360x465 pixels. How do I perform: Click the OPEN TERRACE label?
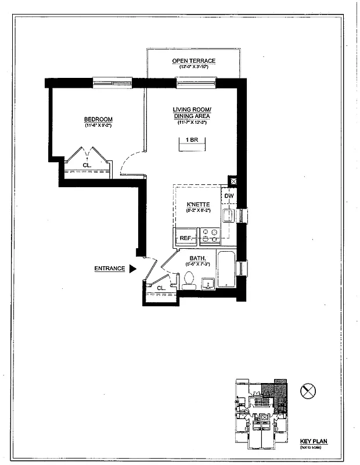pyautogui.click(x=193, y=61)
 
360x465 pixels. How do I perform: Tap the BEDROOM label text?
pyautogui.click(x=98, y=119)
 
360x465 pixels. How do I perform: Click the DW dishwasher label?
pyautogui.click(x=229, y=196)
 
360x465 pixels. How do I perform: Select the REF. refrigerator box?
pyautogui.click(x=186, y=238)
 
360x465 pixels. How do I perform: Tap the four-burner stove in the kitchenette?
pyautogui.click(x=209, y=235)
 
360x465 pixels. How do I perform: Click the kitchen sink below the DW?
pyautogui.click(x=229, y=216)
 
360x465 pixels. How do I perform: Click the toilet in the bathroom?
pyautogui.click(x=189, y=281)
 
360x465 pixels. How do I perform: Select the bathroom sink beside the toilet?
pyautogui.click(x=208, y=284)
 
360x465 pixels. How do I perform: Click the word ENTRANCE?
pyautogui.click(x=109, y=269)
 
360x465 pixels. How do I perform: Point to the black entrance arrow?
pyautogui.click(x=132, y=269)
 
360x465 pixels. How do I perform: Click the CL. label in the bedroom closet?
pyautogui.click(x=87, y=165)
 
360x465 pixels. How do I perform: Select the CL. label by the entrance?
pyautogui.click(x=161, y=287)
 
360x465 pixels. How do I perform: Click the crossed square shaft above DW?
pyautogui.click(x=233, y=181)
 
